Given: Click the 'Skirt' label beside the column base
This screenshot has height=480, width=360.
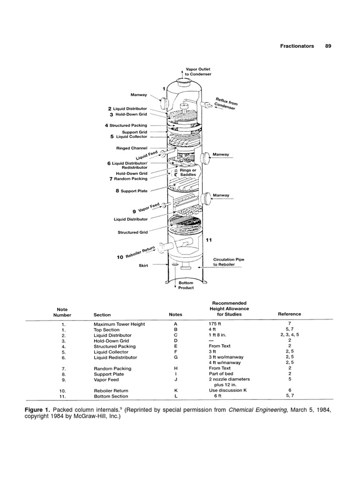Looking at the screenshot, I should click(x=143, y=265).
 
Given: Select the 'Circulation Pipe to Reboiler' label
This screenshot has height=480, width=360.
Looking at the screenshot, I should click(x=229, y=262).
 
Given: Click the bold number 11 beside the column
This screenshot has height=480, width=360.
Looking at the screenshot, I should click(x=210, y=240).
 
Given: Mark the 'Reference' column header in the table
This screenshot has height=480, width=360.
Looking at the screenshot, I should click(x=290, y=314).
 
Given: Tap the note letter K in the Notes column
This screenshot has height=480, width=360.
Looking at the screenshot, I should click(x=176, y=390).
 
